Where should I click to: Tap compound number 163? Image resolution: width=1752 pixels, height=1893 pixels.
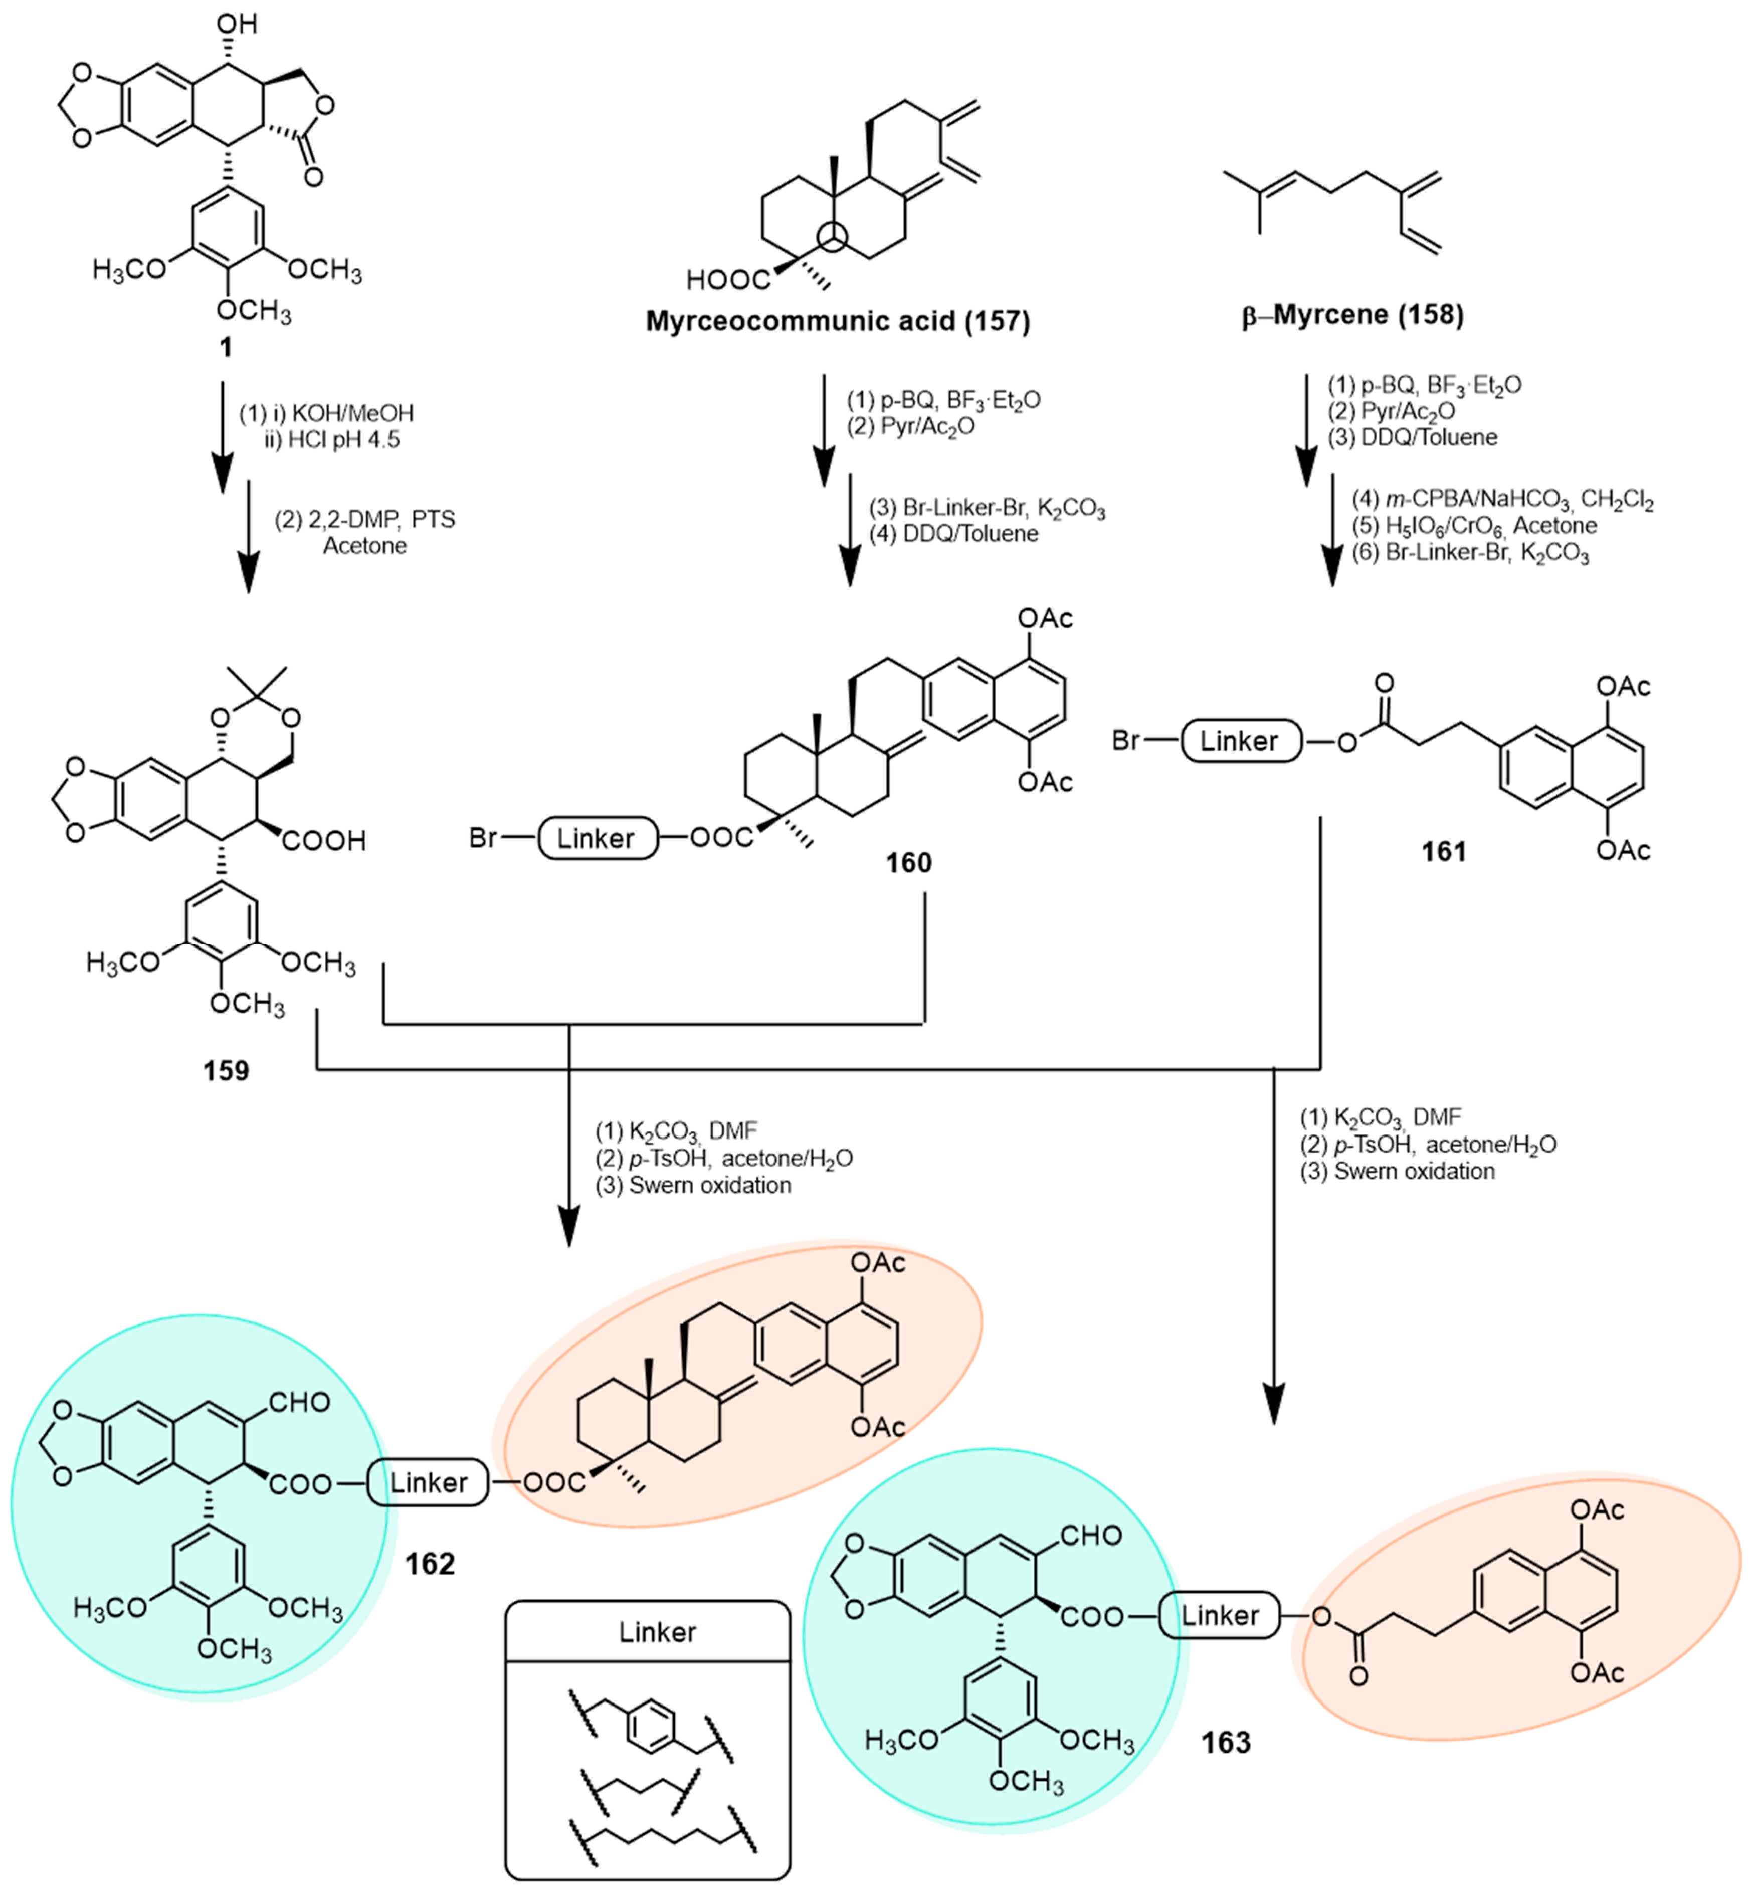click(1226, 1741)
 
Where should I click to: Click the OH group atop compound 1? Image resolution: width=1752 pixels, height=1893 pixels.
click(237, 23)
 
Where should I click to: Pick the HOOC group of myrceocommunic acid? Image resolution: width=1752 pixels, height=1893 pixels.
click(728, 280)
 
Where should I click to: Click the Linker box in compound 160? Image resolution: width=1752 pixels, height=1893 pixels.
click(597, 838)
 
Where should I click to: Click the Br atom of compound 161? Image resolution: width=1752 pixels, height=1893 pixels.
click(1126, 740)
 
